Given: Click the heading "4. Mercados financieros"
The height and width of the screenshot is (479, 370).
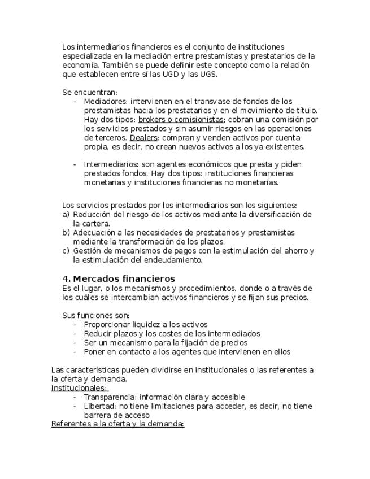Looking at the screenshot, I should coord(119,278).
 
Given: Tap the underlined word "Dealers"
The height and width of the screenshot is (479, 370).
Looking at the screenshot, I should coord(143,138).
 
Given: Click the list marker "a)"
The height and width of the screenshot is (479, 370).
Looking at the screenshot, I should coord(66,215).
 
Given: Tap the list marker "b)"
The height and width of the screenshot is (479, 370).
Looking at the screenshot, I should coord(66,233).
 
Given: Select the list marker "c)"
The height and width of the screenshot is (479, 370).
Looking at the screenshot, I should coord(66,251).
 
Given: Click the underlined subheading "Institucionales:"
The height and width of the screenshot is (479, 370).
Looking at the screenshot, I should coord(79,388).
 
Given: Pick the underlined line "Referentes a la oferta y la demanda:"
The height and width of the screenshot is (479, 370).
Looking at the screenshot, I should coord(117,424).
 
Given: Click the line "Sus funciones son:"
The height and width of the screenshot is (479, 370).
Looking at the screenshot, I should coord(95,315).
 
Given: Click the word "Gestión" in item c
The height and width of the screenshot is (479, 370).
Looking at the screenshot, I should coord(86,251).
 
